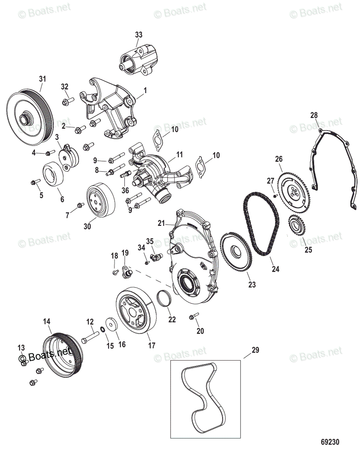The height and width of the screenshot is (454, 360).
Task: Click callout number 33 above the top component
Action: [x=139, y=34]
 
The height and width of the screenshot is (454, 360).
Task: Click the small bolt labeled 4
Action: [x=48, y=153]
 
